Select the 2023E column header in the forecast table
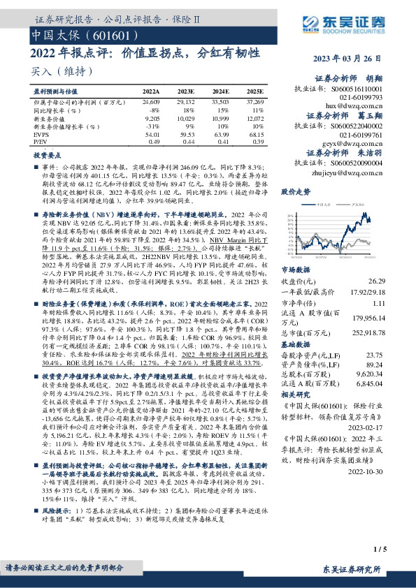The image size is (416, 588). (x=185, y=91)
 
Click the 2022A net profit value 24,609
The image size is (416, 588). (x=151, y=102)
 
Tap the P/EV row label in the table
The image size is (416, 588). (x=41, y=140)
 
